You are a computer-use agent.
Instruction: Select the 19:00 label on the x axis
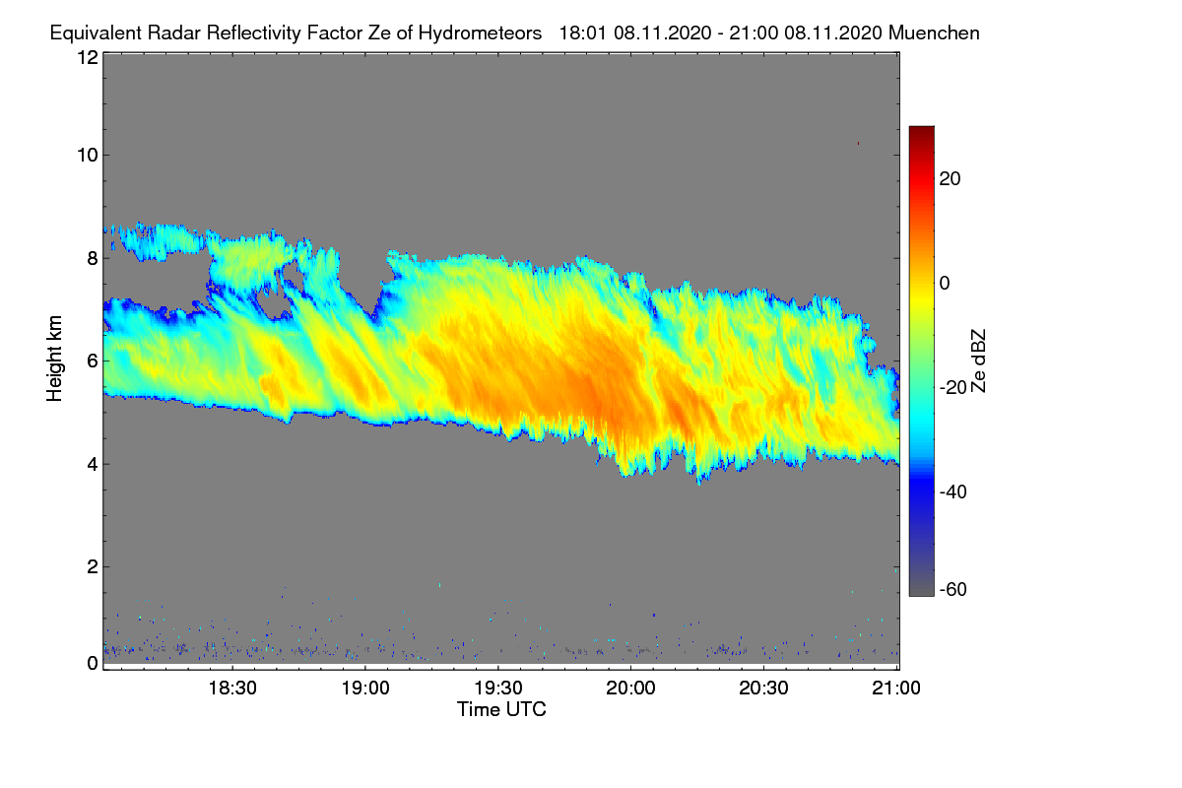tap(364, 689)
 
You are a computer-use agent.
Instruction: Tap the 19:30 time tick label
tap(498, 689)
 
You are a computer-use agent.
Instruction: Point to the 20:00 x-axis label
tap(631, 689)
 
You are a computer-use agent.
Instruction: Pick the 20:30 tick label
tap(764, 689)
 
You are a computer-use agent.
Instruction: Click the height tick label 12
tap(87, 57)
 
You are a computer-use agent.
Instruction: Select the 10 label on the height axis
tap(87, 155)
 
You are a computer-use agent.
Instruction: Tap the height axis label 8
tap(92, 258)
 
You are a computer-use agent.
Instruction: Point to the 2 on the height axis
tap(92, 566)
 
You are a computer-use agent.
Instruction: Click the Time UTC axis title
tap(501, 709)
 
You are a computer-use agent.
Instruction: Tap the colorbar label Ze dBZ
tap(978, 361)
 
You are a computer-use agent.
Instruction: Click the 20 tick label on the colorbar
tap(951, 179)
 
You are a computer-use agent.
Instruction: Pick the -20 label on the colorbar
tap(954, 387)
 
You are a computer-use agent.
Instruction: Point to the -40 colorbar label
tap(954, 492)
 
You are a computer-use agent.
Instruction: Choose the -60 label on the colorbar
tap(954, 590)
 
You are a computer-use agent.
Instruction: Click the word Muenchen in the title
tap(934, 33)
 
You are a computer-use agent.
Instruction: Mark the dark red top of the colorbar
tap(921, 132)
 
